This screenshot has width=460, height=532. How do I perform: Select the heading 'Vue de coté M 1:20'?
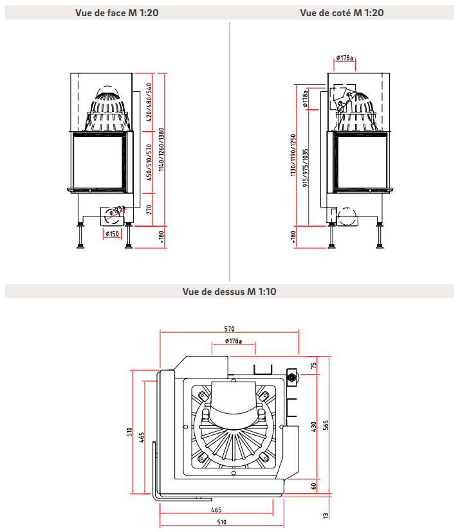(x=341, y=13)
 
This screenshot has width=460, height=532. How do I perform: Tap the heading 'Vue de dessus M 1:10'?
(x=229, y=292)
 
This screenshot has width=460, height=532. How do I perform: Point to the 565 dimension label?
(x=326, y=425)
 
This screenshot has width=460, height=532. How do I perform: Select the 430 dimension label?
(x=314, y=426)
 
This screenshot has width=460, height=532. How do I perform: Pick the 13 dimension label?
(x=326, y=515)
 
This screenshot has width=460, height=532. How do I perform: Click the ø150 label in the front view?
(x=112, y=234)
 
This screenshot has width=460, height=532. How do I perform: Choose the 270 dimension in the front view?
(x=150, y=208)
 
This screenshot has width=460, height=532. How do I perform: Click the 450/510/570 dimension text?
(x=150, y=163)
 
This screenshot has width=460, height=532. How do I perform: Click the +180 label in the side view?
(x=293, y=236)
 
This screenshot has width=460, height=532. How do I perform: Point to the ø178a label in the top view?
(x=233, y=341)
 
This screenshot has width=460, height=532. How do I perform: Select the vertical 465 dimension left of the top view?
(x=142, y=437)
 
